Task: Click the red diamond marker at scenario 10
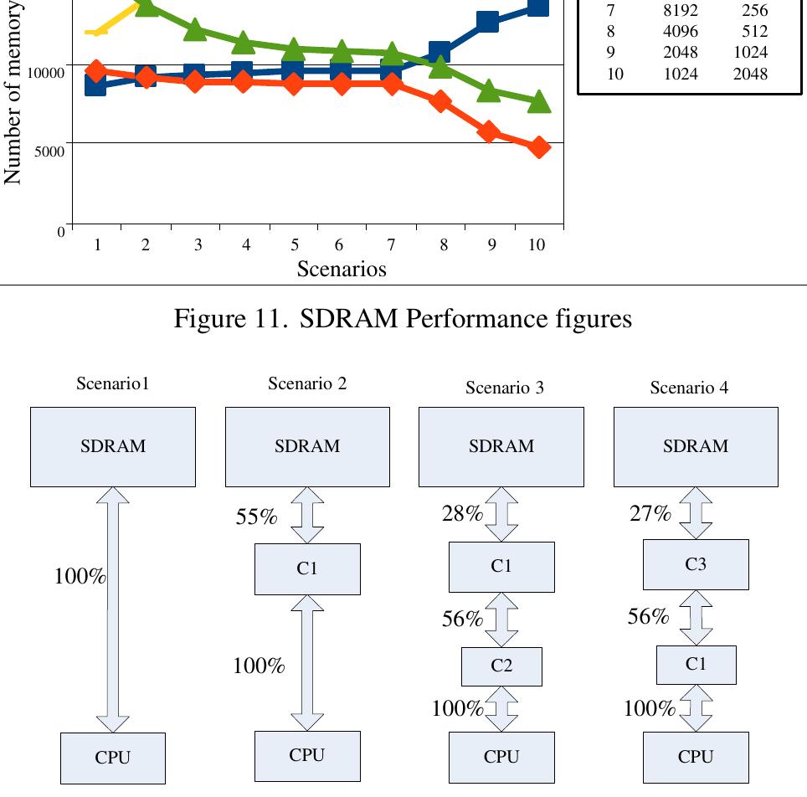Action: tap(539, 147)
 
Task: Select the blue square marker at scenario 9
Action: tap(488, 22)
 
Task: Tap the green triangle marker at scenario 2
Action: tap(145, 7)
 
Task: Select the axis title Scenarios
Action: tap(342, 269)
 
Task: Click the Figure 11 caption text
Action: tap(403, 319)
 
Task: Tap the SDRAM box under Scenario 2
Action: tap(307, 446)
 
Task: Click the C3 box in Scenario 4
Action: tap(695, 564)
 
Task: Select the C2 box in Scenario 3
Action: tap(501, 666)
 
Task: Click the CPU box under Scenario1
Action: tap(113, 758)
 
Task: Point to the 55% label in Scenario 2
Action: tap(256, 517)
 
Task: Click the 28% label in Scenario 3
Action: tap(462, 514)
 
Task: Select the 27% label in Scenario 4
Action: tap(650, 514)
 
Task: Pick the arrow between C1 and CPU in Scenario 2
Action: tap(307, 662)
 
